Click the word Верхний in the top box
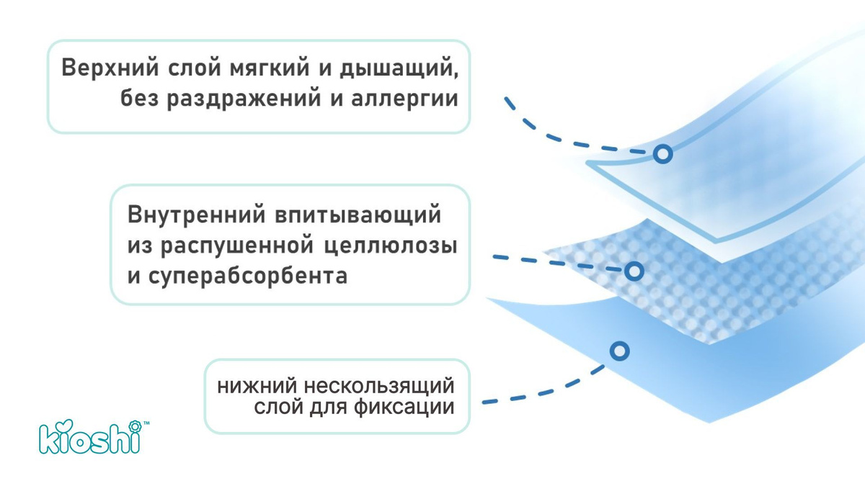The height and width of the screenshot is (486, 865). pyautogui.click(x=110, y=68)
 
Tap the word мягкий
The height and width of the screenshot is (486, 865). pyautogui.click(x=270, y=68)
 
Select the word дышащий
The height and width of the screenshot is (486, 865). pyautogui.click(x=396, y=68)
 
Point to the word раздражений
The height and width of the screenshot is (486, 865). pyautogui.click(x=244, y=99)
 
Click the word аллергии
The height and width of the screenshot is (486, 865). pyautogui.click(x=404, y=99)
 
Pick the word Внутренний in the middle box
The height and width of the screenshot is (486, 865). pyautogui.click(x=197, y=215)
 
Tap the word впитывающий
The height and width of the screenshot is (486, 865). pyautogui.click(x=358, y=215)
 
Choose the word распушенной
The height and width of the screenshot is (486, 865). pyautogui.click(x=237, y=246)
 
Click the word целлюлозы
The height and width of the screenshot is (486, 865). pyautogui.click(x=391, y=246)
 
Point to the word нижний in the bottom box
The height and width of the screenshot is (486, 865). pyautogui.click(x=257, y=386)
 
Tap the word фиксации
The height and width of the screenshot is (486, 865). pyautogui.click(x=404, y=408)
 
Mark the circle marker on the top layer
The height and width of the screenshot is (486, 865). pyautogui.click(x=663, y=154)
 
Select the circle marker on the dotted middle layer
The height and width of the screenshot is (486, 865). pyautogui.click(x=634, y=271)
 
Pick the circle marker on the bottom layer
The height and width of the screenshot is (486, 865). pyautogui.click(x=620, y=351)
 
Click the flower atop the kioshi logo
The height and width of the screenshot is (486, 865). pyautogui.click(x=135, y=426)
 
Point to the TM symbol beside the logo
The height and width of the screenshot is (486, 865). pyautogui.click(x=146, y=423)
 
